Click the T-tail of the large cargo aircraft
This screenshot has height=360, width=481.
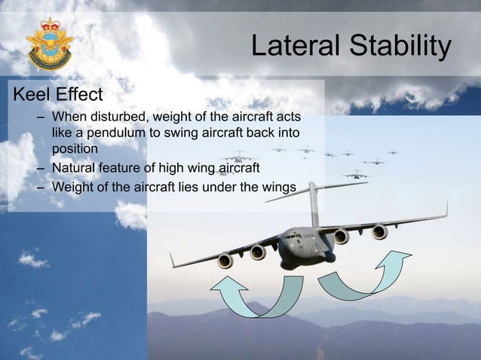pyautogui.click(x=310, y=189)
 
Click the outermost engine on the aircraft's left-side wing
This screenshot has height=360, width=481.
pyautogui.click(x=225, y=261)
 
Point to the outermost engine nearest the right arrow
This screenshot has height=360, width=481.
pyautogui.click(x=380, y=232)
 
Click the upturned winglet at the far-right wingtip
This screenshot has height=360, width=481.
pyautogui.click(x=445, y=209)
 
